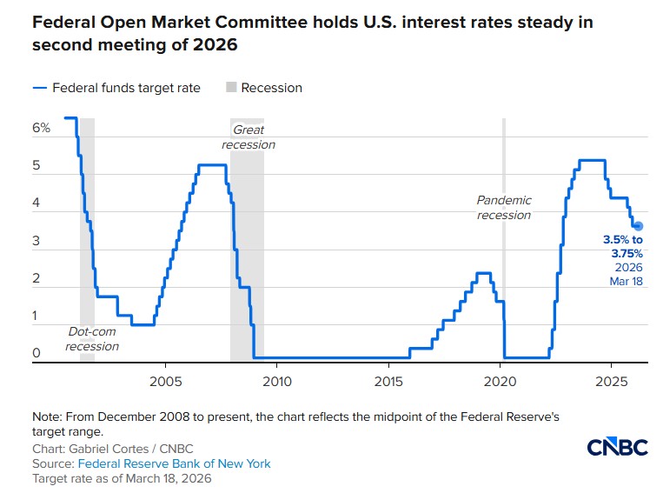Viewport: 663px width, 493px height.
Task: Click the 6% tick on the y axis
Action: (x=42, y=128)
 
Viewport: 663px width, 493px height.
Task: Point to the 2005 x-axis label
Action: (x=164, y=381)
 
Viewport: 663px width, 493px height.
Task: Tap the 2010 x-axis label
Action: (x=276, y=381)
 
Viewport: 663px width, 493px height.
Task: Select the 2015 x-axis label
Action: (x=388, y=381)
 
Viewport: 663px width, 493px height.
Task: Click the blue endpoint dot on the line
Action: (x=638, y=226)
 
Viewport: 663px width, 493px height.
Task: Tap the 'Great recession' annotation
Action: (x=249, y=137)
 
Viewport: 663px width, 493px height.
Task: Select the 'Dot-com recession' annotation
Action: (x=92, y=339)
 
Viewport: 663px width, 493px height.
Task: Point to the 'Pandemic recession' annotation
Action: (x=503, y=208)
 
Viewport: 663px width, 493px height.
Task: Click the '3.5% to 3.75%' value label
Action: (x=623, y=246)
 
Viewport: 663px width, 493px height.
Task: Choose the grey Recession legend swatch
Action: (x=231, y=88)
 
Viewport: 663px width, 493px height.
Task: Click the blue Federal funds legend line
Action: (x=40, y=88)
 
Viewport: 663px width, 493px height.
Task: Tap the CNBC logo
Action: (x=617, y=447)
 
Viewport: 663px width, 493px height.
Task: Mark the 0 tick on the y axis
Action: (x=36, y=353)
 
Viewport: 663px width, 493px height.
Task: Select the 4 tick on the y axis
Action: (x=36, y=203)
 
